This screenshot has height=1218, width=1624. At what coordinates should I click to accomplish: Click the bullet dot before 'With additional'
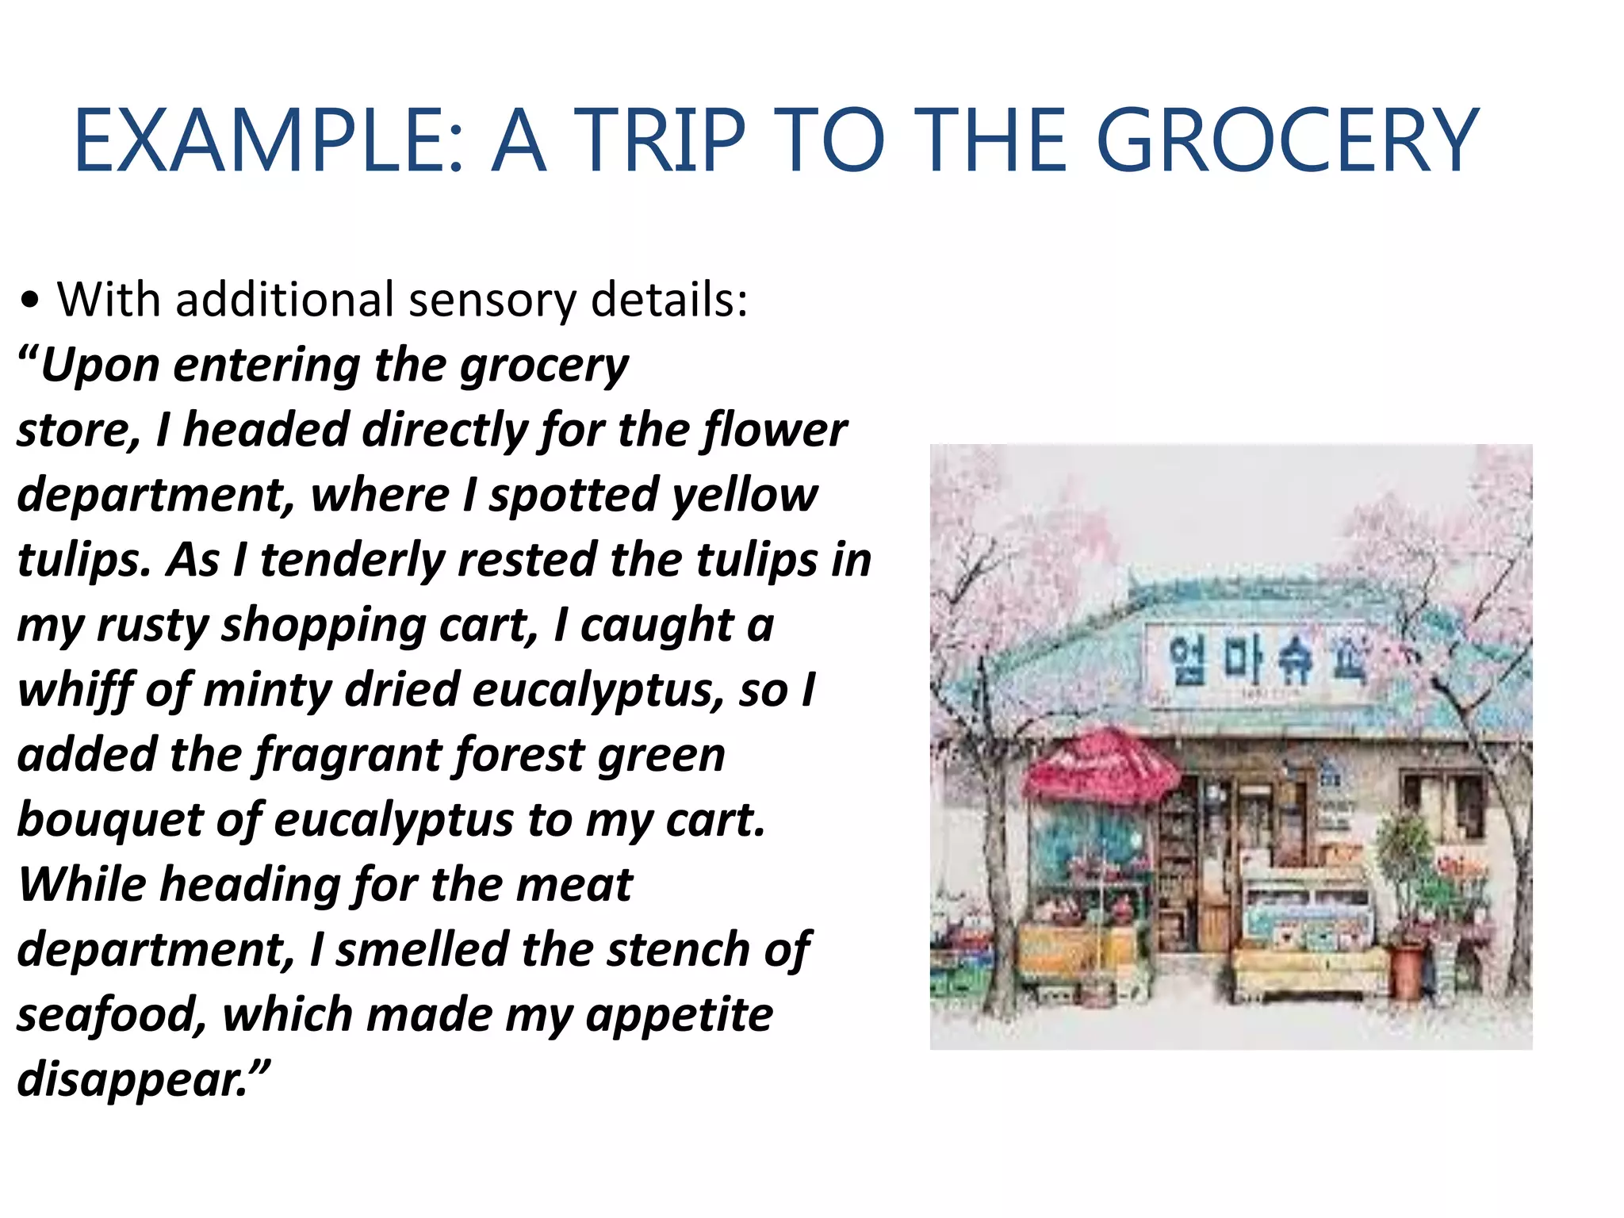30,301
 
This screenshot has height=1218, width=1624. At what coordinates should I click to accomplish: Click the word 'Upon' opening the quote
99,366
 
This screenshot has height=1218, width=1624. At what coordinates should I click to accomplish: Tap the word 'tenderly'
349,560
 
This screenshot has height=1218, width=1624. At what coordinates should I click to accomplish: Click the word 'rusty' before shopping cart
151,626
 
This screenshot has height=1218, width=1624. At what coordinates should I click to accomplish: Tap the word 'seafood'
111,1015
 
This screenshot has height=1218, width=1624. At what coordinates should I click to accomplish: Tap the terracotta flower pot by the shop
1407,971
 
